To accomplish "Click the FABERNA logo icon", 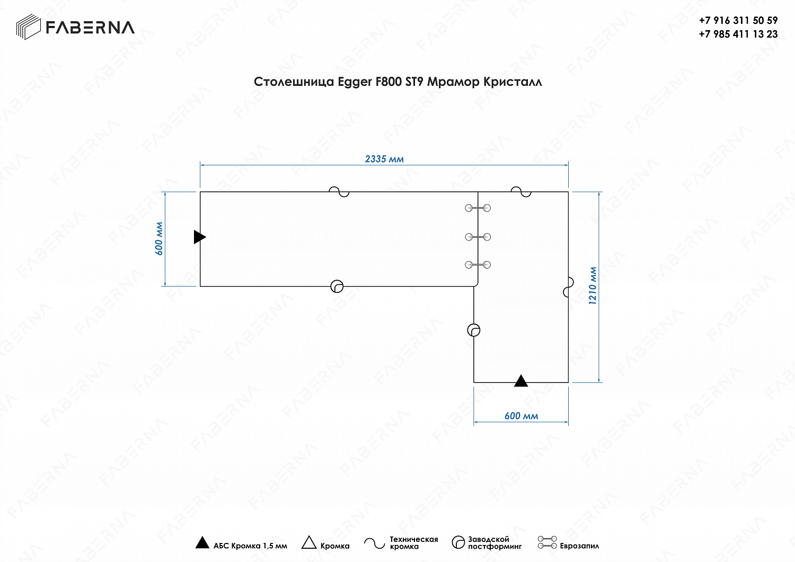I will tap(29, 27).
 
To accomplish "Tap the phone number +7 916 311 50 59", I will tap(738, 20).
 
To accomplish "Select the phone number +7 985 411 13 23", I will tap(738, 34).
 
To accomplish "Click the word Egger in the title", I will tap(355, 82).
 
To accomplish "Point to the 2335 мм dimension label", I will tap(384, 159).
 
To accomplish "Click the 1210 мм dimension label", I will tap(593, 286).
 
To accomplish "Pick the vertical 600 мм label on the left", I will tap(159, 238).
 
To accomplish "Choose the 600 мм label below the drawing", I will tap(521, 416).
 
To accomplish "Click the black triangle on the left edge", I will tap(199, 237).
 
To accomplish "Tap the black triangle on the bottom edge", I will tap(521, 381).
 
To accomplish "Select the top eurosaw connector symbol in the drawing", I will tap(478, 208).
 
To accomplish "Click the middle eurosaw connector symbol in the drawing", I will tap(478, 237).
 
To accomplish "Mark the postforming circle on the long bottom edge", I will tap(337, 287).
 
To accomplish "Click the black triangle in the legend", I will tap(202, 542).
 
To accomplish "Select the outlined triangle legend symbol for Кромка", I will tap(309, 543).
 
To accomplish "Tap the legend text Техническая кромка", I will tap(413, 543).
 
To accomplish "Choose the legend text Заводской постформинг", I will tap(494, 543).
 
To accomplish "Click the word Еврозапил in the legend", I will tap(579, 546).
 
